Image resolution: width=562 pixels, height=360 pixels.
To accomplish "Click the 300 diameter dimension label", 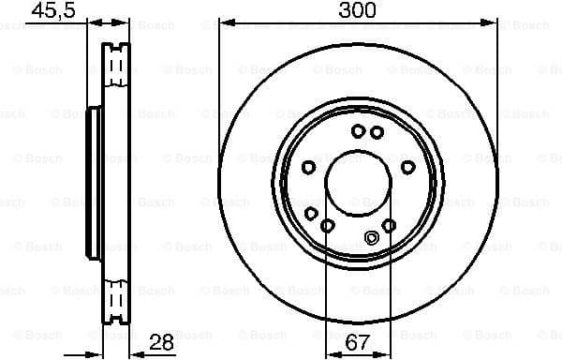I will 358,10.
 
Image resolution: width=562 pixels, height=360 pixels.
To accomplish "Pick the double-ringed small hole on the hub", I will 372,237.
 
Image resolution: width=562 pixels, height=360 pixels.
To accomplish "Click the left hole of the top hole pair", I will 358,132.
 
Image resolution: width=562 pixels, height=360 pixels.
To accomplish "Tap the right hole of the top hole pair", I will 376,132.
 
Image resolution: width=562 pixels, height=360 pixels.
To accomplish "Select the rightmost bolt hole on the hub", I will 408,167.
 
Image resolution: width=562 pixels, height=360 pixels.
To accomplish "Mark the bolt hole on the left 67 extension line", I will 327,226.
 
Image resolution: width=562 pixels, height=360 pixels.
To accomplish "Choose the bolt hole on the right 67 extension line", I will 390,224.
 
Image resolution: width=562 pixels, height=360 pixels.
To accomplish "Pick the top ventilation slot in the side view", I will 116,66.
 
